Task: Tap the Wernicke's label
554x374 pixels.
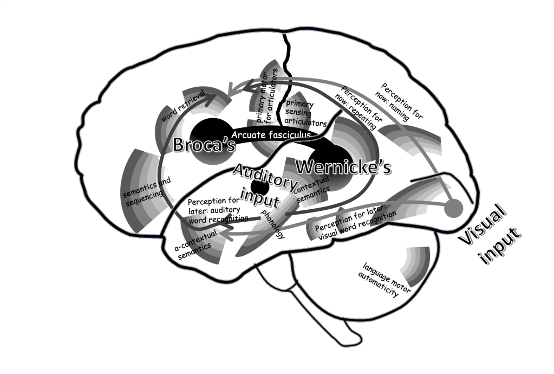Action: (x=343, y=168)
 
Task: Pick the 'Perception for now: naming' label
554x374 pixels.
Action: (x=401, y=101)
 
